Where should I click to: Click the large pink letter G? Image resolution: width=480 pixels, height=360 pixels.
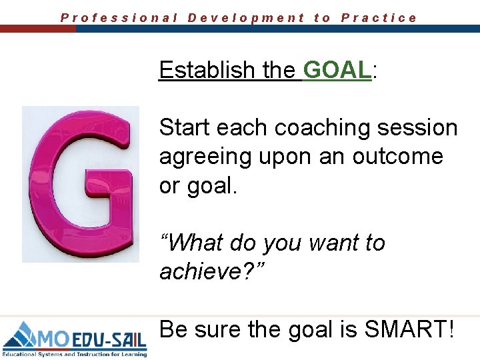tap(81, 183)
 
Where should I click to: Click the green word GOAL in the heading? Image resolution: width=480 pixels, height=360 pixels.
tap(336, 69)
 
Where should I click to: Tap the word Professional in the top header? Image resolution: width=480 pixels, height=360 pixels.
tap(119, 18)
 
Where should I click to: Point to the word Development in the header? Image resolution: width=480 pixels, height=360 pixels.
tap(246, 18)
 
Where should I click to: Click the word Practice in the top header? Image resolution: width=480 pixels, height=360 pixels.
tap(379, 18)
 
